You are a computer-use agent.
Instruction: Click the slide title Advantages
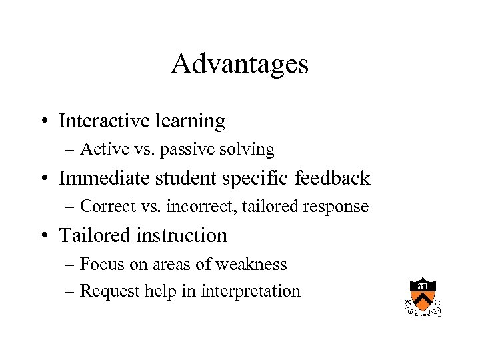click(x=239, y=64)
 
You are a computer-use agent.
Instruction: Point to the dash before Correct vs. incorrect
click(x=71, y=207)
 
